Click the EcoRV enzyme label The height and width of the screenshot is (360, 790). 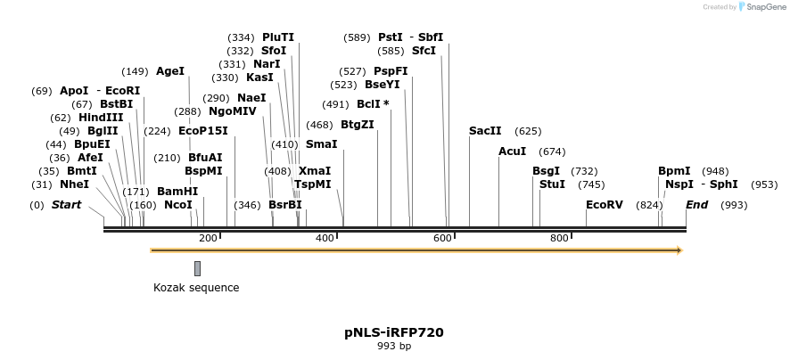604,205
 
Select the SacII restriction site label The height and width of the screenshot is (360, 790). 485,131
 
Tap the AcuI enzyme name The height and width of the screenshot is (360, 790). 512,151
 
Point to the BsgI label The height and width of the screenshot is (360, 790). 546,171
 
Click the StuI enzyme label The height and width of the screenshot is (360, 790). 552,184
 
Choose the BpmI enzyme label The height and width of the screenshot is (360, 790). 674,171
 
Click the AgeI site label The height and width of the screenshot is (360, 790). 170,71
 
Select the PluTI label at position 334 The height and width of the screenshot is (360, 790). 277,37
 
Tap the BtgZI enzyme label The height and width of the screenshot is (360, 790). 357,125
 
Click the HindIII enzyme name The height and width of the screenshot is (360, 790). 101,118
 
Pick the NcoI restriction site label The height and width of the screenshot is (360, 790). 177,205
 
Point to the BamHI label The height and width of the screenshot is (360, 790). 177,192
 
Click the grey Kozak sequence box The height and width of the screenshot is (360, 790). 197,268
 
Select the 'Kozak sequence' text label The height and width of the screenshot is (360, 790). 196,288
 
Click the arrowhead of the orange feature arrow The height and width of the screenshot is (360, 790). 679,250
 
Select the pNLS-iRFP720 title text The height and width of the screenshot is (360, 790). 394,332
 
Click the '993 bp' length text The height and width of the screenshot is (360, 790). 394,346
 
